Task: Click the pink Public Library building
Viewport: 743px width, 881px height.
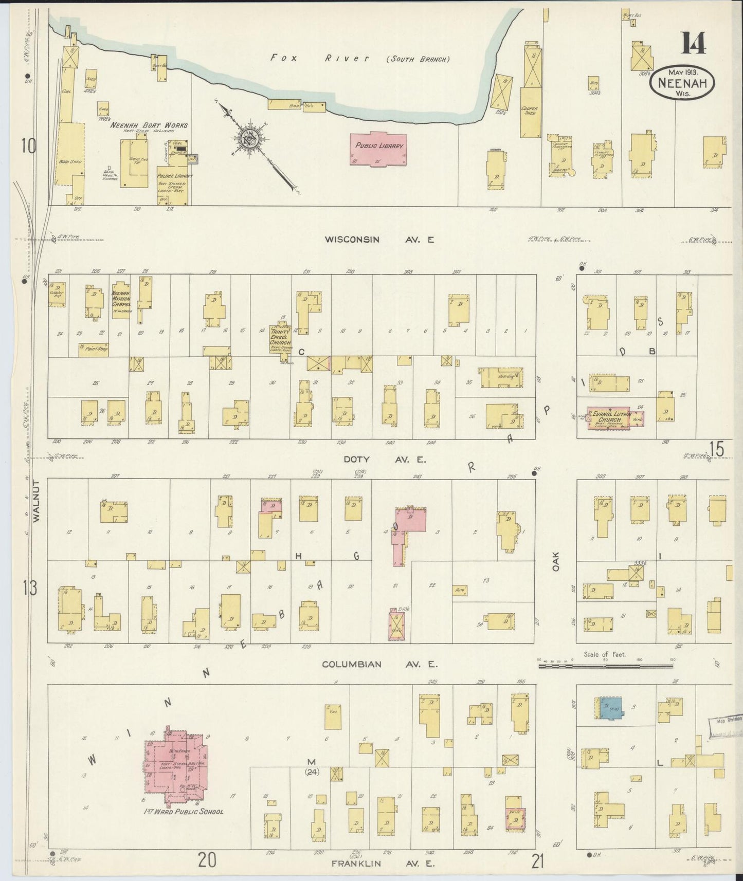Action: (378, 149)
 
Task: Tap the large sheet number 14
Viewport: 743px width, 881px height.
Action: (693, 43)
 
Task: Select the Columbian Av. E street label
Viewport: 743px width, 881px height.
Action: (379, 664)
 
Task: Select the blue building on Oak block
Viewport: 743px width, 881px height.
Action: (609, 709)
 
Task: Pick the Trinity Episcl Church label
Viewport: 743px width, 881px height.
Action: (280, 337)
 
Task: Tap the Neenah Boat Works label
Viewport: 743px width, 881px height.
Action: (149, 125)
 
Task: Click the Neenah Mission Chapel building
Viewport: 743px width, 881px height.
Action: (121, 301)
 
